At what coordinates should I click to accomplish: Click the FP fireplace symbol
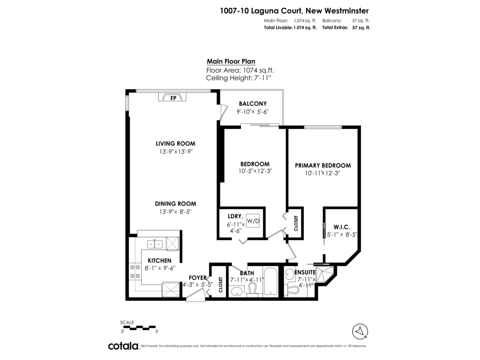[x=173, y=98]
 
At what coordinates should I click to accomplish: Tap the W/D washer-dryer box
[x=253, y=220]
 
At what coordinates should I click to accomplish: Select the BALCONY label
[x=253, y=104]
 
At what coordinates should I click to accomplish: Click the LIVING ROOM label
[x=176, y=144]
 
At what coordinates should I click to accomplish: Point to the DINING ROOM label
[x=176, y=204]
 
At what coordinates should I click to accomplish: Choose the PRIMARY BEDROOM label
[x=323, y=165]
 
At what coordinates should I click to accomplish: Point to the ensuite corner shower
[x=324, y=273]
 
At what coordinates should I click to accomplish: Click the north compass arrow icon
[x=360, y=330]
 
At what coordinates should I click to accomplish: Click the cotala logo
[x=123, y=346]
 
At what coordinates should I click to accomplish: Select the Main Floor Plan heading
[x=231, y=62]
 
